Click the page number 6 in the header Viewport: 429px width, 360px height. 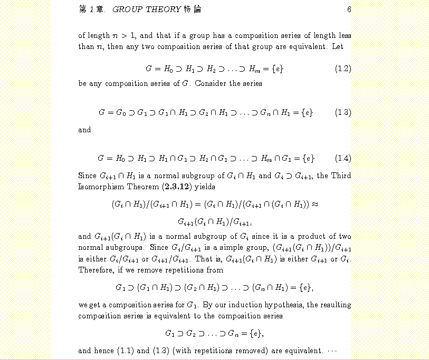pos(349,9)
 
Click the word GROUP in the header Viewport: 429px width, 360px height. pos(125,9)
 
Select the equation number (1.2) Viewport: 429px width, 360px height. pos(343,69)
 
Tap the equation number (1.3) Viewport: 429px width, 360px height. pos(343,112)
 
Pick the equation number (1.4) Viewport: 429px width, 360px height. pos(343,158)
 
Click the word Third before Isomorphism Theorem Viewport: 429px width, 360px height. pos(341,176)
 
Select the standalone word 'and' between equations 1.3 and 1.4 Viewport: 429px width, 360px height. pos(84,130)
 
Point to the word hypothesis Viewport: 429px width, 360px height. pos(283,305)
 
